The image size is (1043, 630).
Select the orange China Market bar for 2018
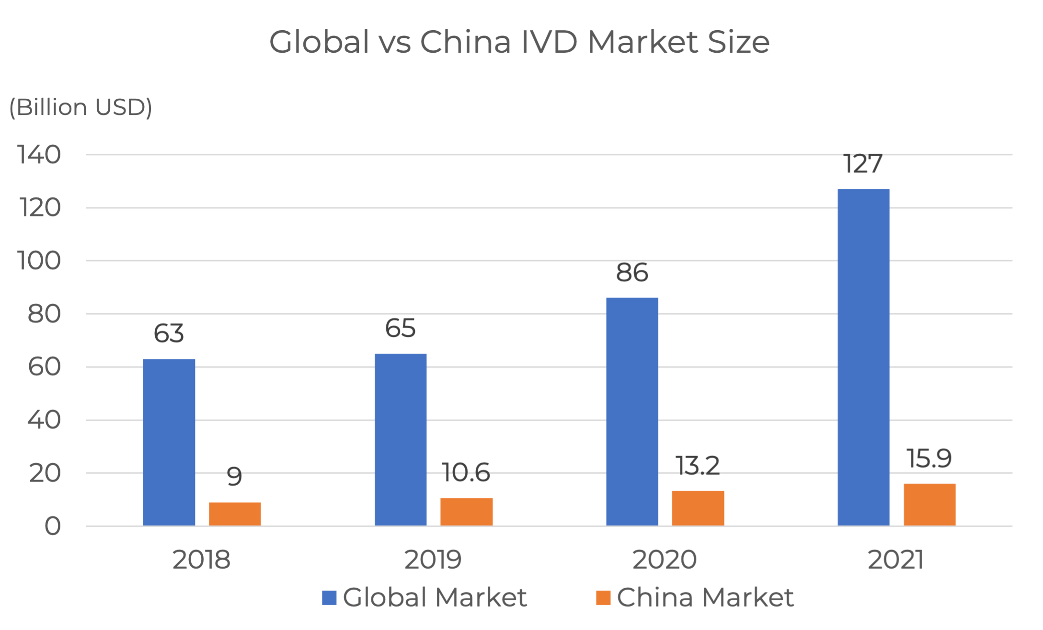(x=235, y=514)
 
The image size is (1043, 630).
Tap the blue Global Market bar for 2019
(x=401, y=440)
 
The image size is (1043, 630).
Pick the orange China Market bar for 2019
(x=467, y=512)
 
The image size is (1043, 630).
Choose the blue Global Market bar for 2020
(x=632, y=412)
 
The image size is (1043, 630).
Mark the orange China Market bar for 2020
(x=698, y=508)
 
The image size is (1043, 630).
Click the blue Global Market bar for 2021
(x=863, y=357)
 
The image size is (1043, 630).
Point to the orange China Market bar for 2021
(x=929, y=504)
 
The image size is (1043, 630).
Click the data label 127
(x=863, y=164)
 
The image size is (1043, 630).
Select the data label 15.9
(x=929, y=458)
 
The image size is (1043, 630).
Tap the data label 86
(x=632, y=273)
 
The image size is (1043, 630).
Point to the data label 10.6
(x=466, y=472)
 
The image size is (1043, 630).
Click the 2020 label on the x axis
(x=665, y=560)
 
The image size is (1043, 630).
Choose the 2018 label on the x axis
(x=202, y=560)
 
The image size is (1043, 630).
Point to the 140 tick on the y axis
(x=40, y=155)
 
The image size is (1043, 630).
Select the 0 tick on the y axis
(x=53, y=527)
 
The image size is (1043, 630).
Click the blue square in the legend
(x=329, y=598)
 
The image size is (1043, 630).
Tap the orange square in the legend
(x=604, y=598)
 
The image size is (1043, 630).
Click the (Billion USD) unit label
(x=81, y=107)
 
